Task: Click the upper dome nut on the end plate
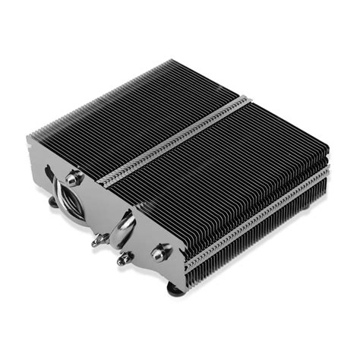click(73, 179)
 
